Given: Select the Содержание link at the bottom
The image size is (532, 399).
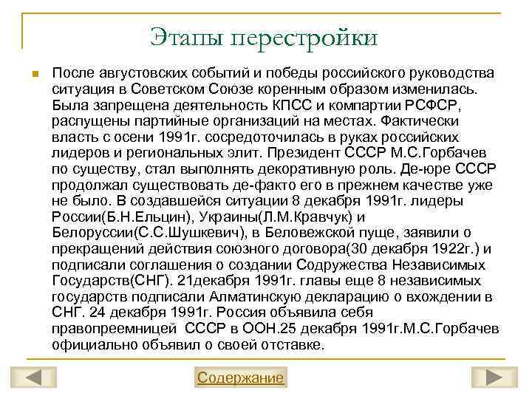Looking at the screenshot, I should click(x=240, y=378).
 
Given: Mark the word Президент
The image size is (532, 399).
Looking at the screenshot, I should click(x=310, y=154).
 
